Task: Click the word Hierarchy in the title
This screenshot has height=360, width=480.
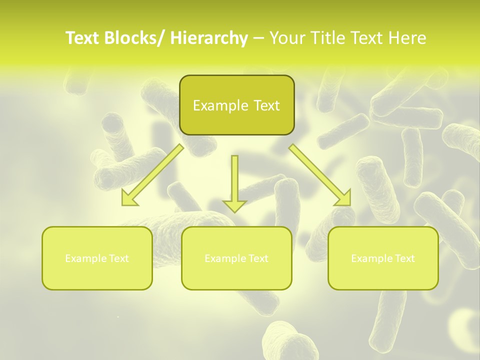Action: pyautogui.click(x=208, y=38)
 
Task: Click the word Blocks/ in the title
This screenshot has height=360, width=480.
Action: pyautogui.click(x=136, y=38)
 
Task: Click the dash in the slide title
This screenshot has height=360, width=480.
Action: pyautogui.click(x=258, y=38)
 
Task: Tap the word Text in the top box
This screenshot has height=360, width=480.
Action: pyautogui.click(x=266, y=105)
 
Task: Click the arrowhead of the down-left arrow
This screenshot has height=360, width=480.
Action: pyautogui.click(x=129, y=199)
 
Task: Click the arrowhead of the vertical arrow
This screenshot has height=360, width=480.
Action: pyautogui.click(x=234, y=205)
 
